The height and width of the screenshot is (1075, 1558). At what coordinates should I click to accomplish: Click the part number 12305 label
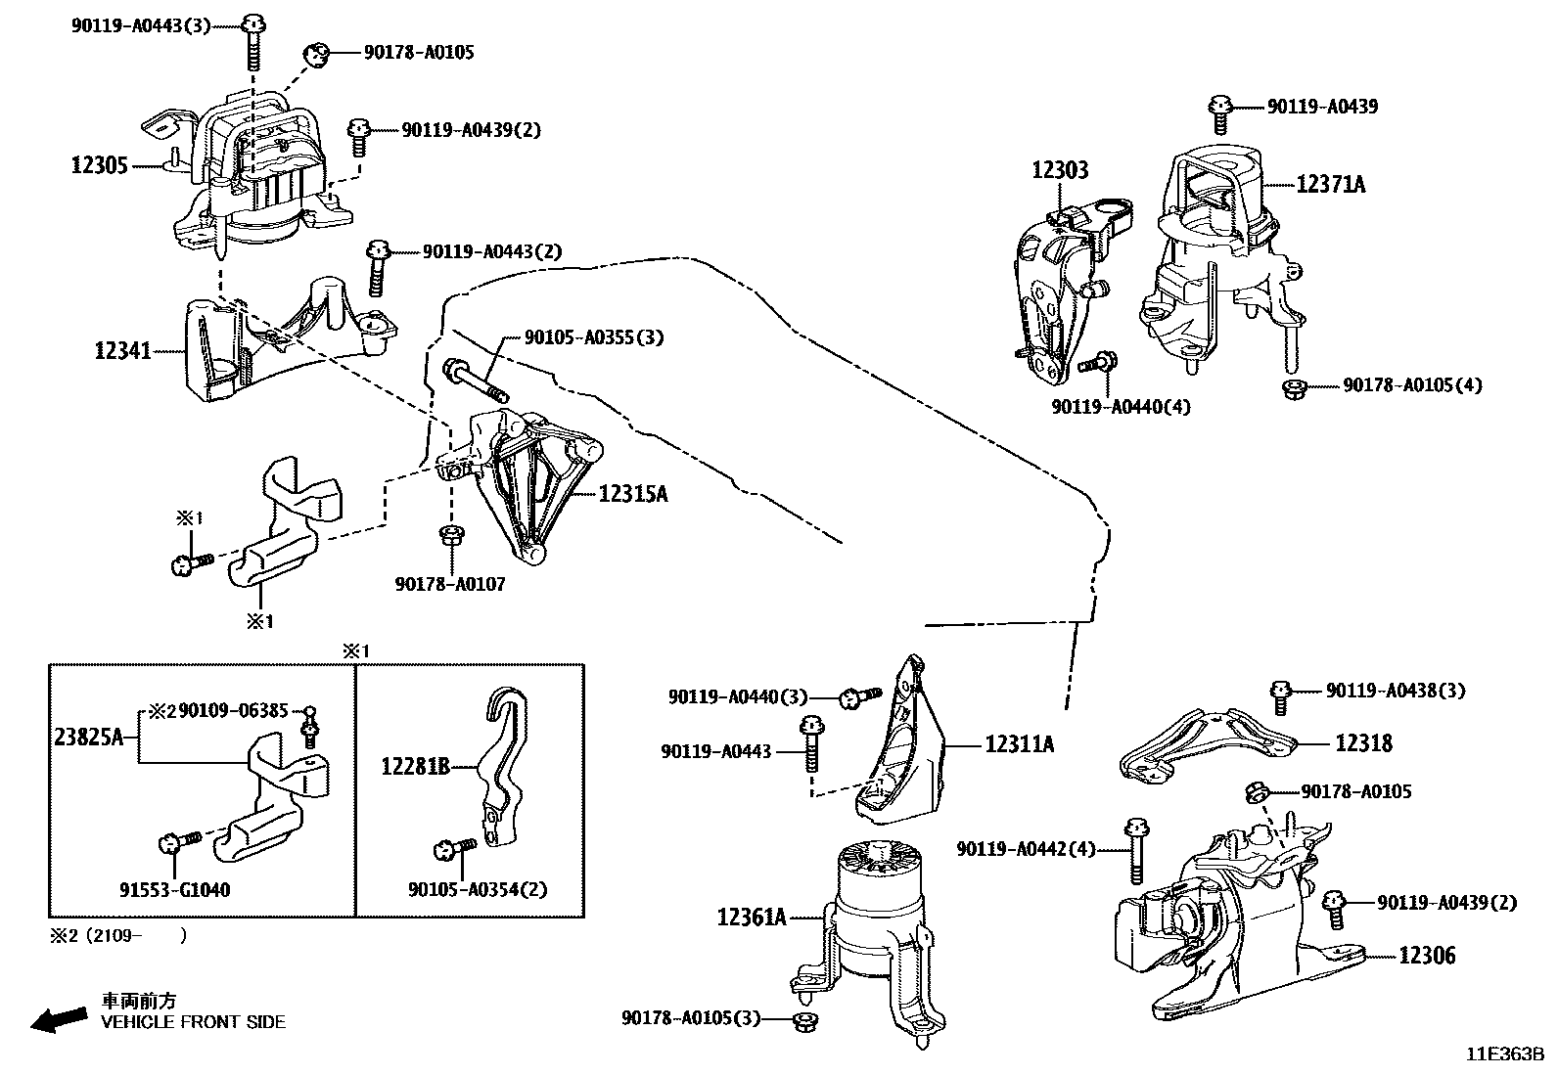click(99, 165)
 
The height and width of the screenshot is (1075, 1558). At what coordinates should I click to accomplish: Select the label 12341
click(122, 349)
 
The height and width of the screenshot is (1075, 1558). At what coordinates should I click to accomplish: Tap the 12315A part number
click(632, 494)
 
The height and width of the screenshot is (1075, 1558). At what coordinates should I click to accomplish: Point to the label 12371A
click(1330, 184)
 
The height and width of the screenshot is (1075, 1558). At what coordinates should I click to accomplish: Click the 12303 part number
click(1059, 171)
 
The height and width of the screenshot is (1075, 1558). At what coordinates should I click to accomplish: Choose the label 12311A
click(1019, 745)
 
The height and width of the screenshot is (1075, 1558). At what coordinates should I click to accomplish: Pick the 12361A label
click(752, 918)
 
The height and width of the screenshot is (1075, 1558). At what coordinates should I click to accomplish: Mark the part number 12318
click(1363, 743)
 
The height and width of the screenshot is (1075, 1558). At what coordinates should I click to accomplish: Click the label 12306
click(1426, 956)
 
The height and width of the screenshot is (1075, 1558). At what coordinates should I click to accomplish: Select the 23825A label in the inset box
click(88, 738)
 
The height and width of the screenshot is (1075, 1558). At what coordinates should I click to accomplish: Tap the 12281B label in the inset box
click(415, 767)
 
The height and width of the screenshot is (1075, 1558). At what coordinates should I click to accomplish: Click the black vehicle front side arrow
click(57, 1019)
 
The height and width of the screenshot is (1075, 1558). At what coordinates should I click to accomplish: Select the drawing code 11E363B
click(1503, 1054)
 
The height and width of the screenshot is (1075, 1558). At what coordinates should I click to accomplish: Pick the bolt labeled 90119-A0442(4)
click(1135, 849)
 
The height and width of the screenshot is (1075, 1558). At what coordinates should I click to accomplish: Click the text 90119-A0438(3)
click(1396, 691)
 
